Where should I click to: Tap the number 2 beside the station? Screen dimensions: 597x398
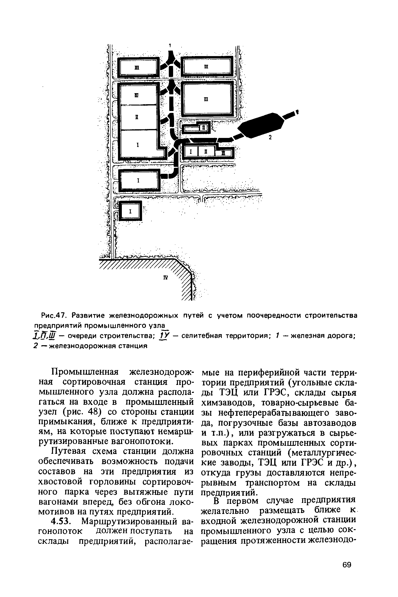pos(270,137)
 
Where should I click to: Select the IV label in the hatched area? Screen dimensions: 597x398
pos(165,278)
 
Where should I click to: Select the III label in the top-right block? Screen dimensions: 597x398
pos(206,67)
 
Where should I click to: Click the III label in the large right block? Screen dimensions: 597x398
pos(206,100)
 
